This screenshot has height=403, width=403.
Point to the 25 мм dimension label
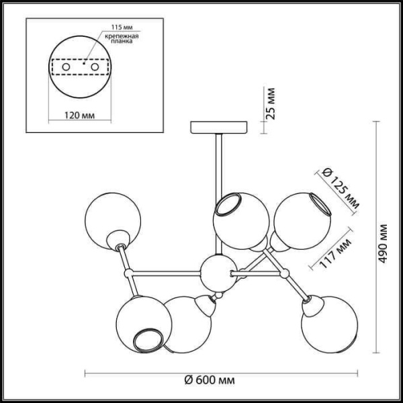[271, 103]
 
